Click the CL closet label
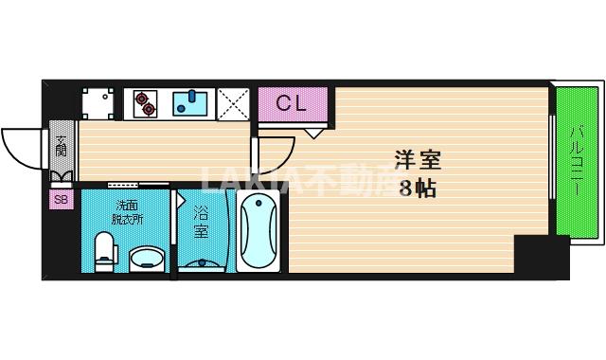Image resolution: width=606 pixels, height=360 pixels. (x=292, y=103)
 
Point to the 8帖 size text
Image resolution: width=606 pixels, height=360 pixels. (x=417, y=188)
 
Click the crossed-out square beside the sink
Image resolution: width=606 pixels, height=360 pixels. (x=232, y=103)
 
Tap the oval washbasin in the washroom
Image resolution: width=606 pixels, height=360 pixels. (x=145, y=258)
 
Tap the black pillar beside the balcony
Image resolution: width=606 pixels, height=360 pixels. (x=541, y=256)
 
